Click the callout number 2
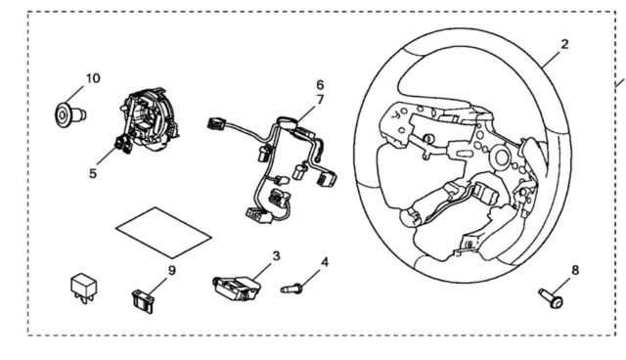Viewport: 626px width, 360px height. (564, 44)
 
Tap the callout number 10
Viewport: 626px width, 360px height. (93, 78)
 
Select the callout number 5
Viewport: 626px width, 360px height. (93, 173)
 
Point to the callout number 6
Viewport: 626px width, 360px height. (320, 85)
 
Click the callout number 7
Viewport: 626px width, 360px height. (320, 100)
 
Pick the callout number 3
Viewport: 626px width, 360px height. (276, 256)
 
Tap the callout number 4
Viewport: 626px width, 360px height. (325, 262)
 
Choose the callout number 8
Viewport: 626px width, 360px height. (575, 270)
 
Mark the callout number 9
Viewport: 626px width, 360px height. (172, 270)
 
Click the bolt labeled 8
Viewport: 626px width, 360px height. (552, 298)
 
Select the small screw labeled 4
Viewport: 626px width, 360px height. (291, 289)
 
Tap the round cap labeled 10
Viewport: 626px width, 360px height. (69, 115)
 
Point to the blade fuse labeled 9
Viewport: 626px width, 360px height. (143, 303)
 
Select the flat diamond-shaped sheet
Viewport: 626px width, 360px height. (163, 232)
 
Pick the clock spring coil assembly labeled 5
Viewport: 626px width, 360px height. (149, 119)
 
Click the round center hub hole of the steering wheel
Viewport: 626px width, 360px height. (501, 157)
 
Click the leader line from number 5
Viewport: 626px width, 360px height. (108, 155)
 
